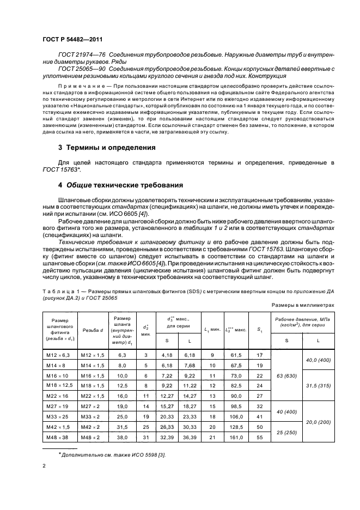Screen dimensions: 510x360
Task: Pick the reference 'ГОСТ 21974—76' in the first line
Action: tap(82, 56)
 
